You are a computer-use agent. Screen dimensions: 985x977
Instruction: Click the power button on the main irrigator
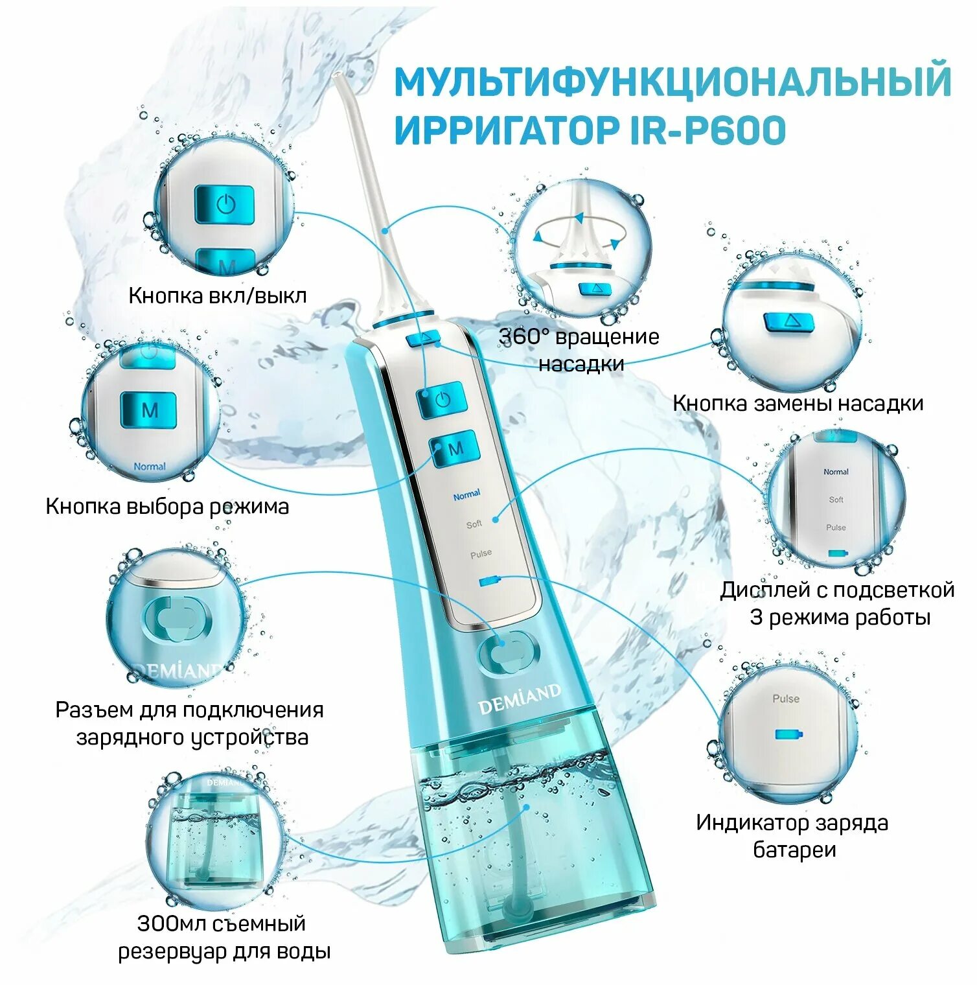click(x=443, y=399)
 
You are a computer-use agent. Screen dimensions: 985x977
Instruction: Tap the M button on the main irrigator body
click(x=455, y=448)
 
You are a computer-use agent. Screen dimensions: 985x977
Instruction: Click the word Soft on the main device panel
click(x=474, y=524)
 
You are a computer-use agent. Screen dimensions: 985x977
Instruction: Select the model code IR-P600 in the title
click(x=708, y=130)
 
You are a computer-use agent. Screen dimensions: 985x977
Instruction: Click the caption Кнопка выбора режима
click(x=167, y=506)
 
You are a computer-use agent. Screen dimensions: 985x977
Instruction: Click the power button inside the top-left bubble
click(x=224, y=205)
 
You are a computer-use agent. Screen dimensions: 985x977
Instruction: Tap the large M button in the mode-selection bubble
click(x=149, y=410)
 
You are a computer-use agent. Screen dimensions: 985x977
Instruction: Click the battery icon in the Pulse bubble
click(x=789, y=734)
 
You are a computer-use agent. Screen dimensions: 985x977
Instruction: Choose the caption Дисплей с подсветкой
click(x=837, y=590)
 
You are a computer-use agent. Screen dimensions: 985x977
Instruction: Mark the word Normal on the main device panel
click(x=466, y=495)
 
